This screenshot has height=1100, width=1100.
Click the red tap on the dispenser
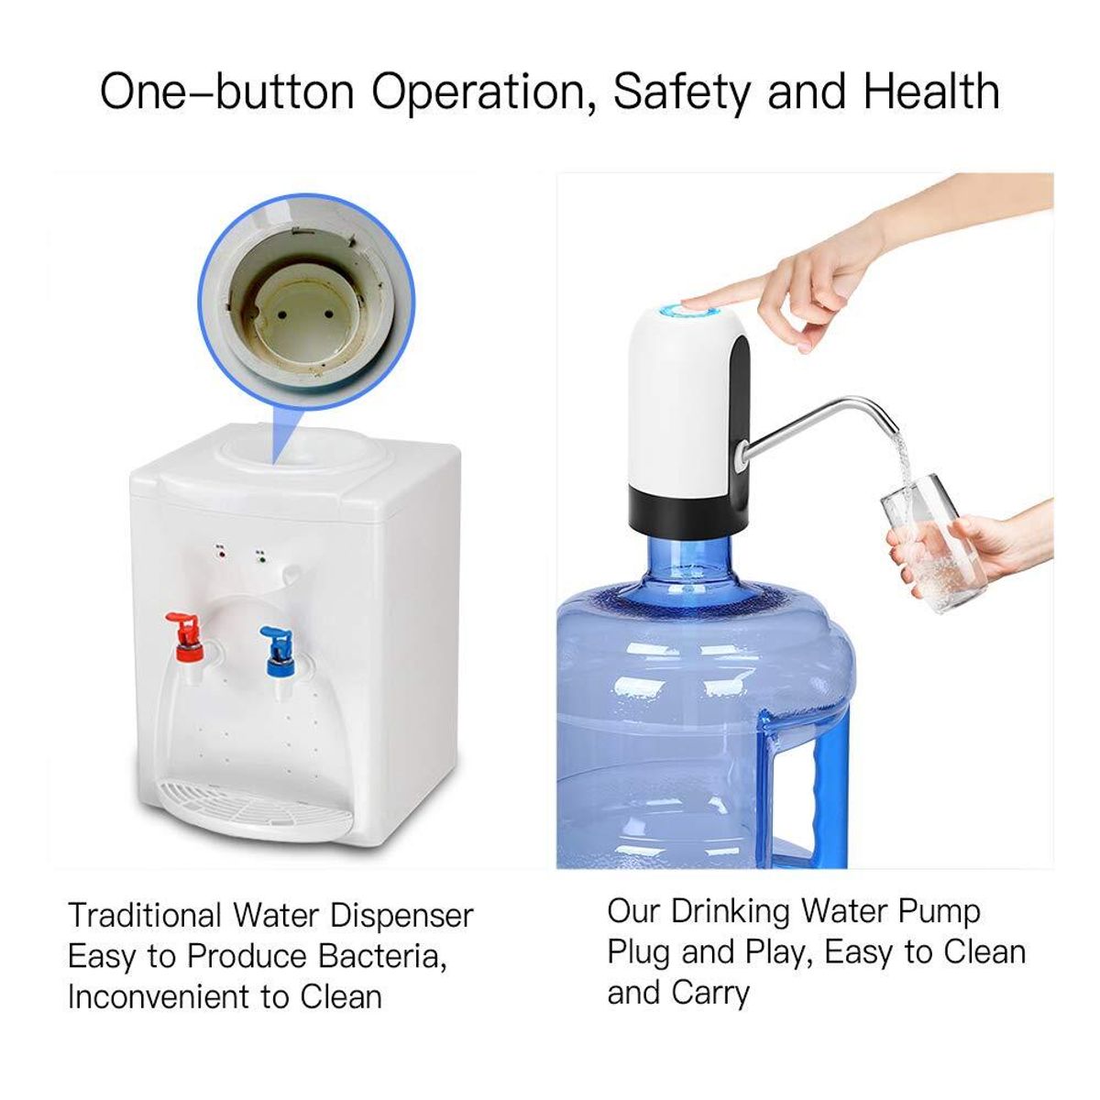(186, 632)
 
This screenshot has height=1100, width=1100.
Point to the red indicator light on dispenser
(221, 553)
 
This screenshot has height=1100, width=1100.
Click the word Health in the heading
(930, 93)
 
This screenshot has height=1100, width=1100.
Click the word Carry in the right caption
(710, 992)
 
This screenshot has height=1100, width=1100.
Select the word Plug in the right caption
(638, 952)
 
